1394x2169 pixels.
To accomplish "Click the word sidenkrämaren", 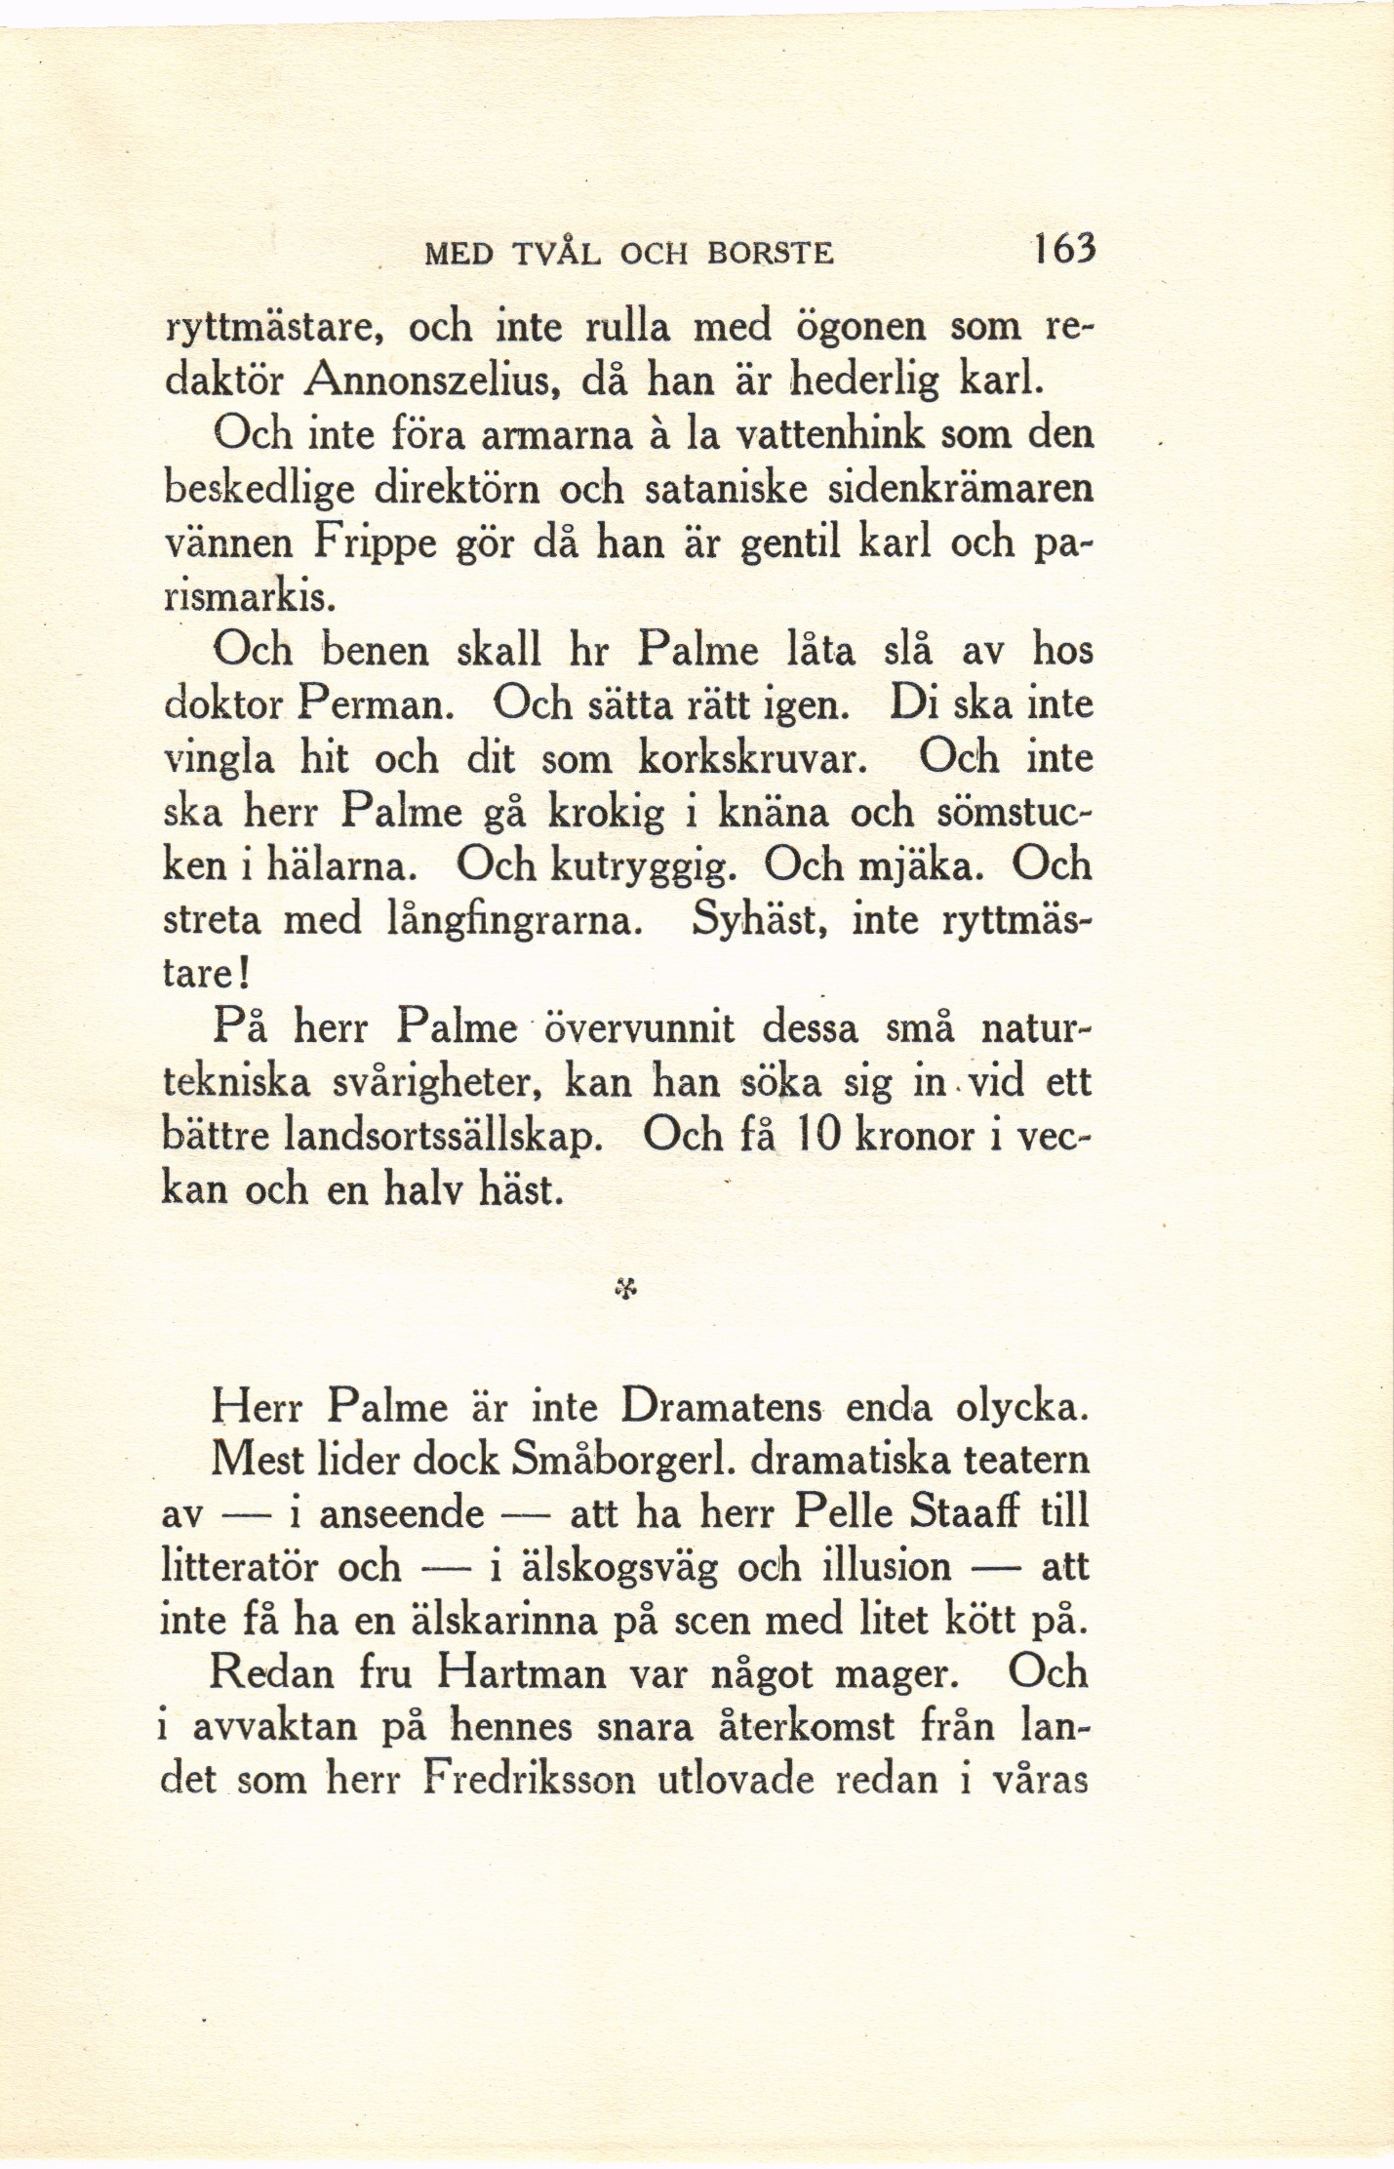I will coord(960,488).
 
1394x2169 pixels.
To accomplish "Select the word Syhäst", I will coord(757,920).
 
